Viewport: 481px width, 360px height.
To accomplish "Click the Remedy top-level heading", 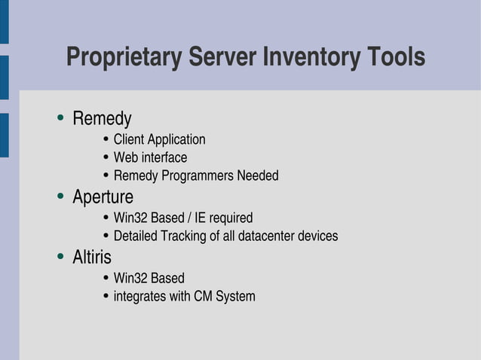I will pos(102,119).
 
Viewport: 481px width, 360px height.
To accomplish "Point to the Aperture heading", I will pos(103,197).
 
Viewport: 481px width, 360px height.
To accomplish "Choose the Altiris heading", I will pos(92,258).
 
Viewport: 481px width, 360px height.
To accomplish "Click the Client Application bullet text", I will pos(159,140).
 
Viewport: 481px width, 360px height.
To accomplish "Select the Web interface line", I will pos(150,158).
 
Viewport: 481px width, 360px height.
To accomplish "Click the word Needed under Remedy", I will pos(258,176).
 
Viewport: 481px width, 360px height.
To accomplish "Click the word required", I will pos(232,218).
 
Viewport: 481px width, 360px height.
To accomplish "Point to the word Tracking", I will pos(183,236).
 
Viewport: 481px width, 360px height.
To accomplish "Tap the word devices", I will pos(318,236).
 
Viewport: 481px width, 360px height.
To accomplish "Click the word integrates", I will pos(140,297).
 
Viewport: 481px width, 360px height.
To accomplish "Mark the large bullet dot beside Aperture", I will pos(60,197).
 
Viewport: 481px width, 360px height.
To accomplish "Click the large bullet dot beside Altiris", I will pos(60,258).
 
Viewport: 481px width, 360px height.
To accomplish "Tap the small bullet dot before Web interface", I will pos(106,158).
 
